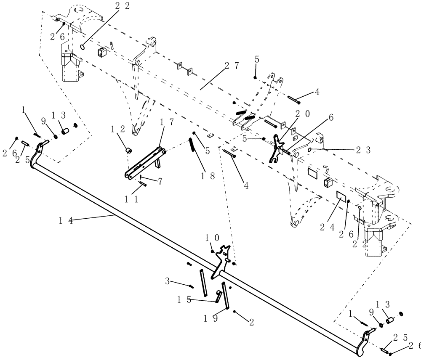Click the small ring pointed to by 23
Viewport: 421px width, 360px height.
point(309,150)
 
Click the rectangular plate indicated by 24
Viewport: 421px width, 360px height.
point(341,196)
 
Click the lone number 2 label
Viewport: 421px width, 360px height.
point(251,323)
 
